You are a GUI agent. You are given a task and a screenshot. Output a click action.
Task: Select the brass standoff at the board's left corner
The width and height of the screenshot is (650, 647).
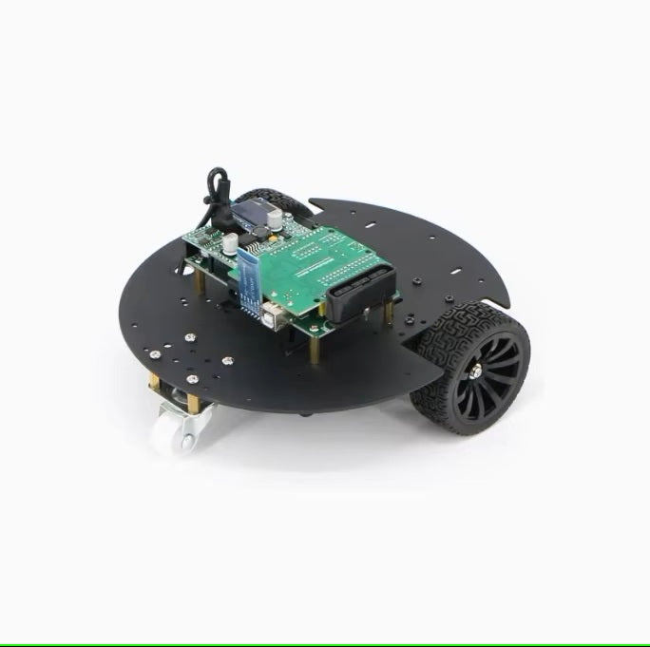pos(198,281)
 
